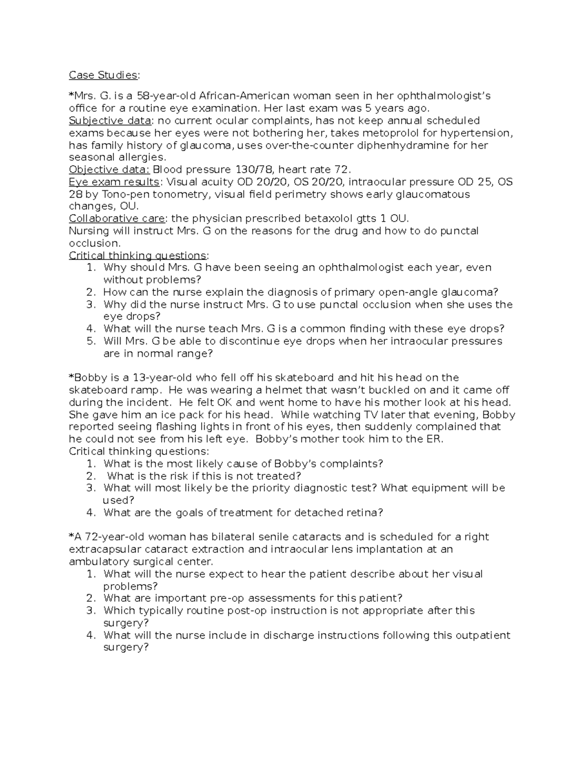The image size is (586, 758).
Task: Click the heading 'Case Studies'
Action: coord(103,75)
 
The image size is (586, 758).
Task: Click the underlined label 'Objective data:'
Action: coord(109,170)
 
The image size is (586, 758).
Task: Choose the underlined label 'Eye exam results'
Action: coord(114,182)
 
